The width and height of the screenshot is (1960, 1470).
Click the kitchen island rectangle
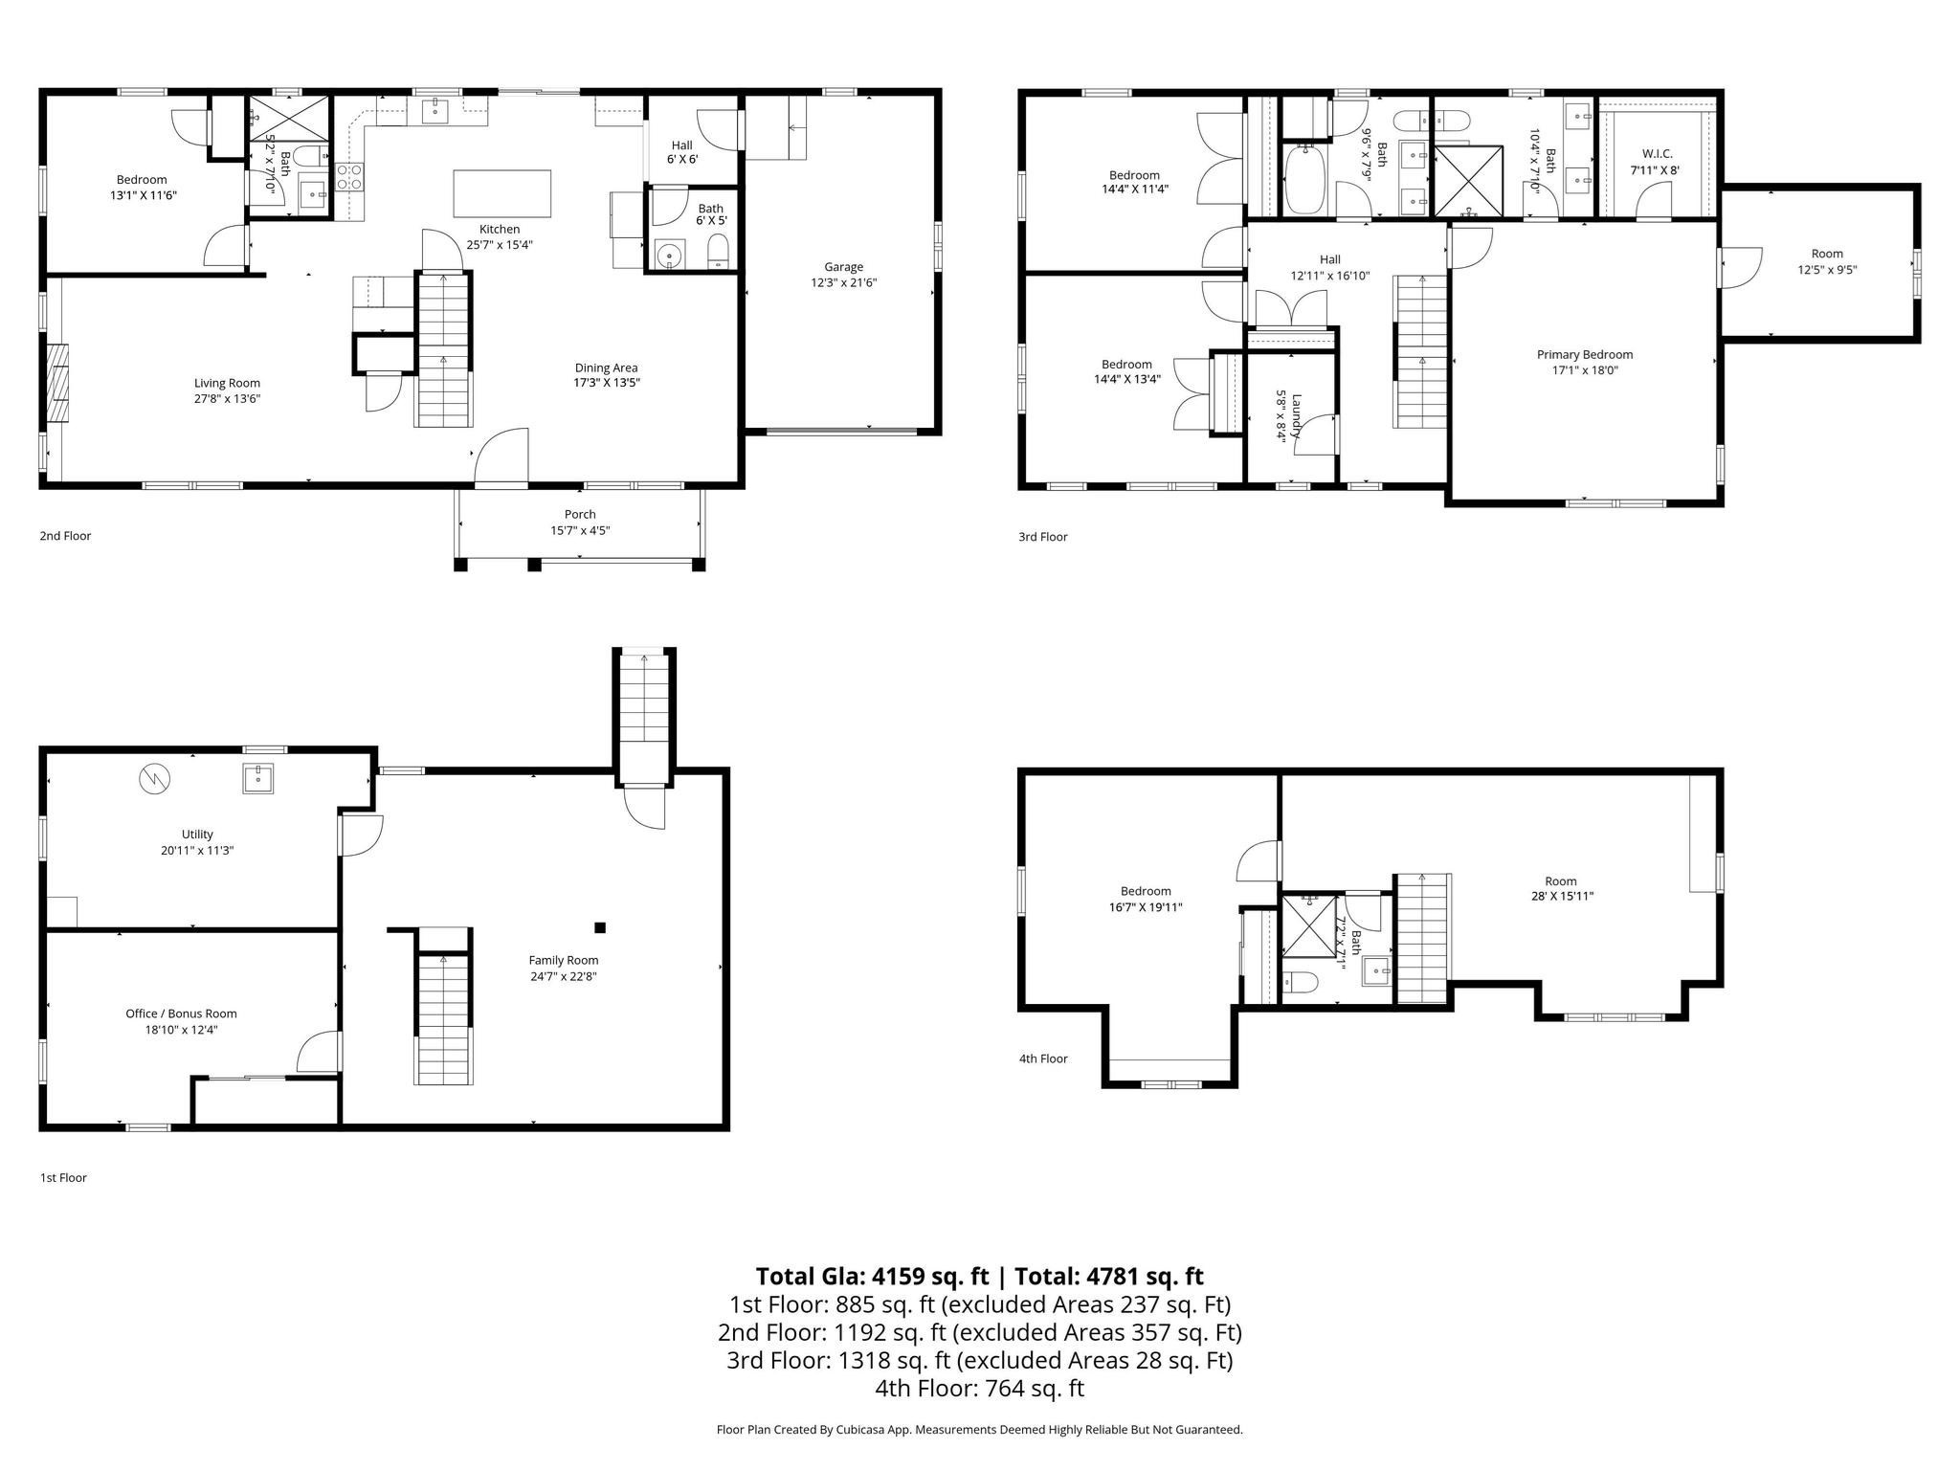point(502,194)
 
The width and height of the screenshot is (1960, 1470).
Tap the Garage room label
point(843,275)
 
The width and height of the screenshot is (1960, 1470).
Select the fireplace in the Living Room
point(59,382)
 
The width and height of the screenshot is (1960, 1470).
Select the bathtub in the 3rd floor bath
point(1303,179)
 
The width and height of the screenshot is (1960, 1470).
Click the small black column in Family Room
point(600,926)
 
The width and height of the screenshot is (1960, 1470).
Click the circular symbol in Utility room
point(155,779)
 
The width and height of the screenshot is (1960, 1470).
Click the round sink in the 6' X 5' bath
point(668,255)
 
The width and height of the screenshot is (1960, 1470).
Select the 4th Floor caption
point(1043,1058)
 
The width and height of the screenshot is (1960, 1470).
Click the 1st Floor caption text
point(63,1178)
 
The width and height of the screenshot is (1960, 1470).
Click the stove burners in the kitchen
point(349,177)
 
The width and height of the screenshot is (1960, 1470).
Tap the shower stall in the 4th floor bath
point(1308,924)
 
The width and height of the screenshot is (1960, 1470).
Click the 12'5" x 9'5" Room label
point(1827,262)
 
